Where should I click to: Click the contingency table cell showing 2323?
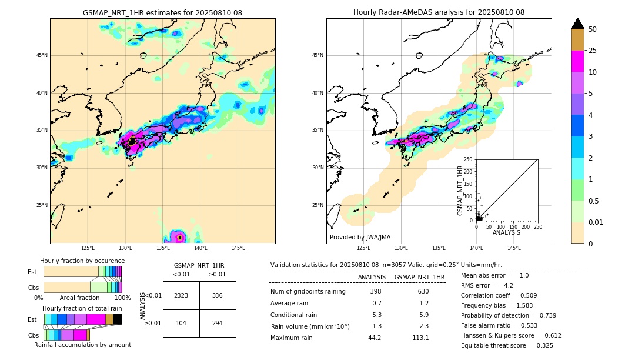click(x=181, y=295)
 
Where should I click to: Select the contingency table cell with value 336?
click(x=218, y=295)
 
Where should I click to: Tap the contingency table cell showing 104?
click(x=181, y=324)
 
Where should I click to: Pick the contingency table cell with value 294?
click(x=218, y=324)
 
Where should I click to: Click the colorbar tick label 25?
click(x=593, y=51)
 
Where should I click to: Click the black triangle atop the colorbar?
click(x=578, y=24)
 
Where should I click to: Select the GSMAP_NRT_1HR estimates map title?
click(x=162, y=12)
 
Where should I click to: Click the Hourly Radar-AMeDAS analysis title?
click(x=439, y=12)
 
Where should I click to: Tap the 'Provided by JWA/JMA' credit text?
click(x=360, y=238)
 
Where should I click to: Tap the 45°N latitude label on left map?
click(x=42, y=55)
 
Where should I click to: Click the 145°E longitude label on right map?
click(x=514, y=248)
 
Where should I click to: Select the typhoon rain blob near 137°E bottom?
click(x=180, y=238)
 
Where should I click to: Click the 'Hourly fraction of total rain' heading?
click(x=82, y=308)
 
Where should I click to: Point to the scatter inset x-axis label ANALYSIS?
click(x=506, y=232)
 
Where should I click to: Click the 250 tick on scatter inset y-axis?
click(x=469, y=159)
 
